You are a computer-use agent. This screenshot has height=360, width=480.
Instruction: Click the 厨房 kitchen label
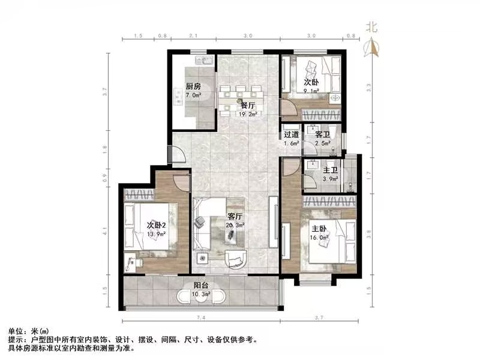click(193, 86)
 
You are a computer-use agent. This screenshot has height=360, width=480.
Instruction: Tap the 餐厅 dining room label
click(241, 104)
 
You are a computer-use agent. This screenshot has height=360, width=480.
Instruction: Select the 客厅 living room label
click(235, 216)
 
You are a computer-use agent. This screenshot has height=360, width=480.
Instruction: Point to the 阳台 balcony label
click(202, 286)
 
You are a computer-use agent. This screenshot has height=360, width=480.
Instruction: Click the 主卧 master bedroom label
click(318, 228)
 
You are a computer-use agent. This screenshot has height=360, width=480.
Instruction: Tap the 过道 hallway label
click(292, 134)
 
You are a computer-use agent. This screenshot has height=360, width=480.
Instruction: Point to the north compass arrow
click(373, 47)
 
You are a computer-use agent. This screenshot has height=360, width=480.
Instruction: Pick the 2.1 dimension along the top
click(193, 37)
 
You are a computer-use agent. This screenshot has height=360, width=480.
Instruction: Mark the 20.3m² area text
click(236, 225)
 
